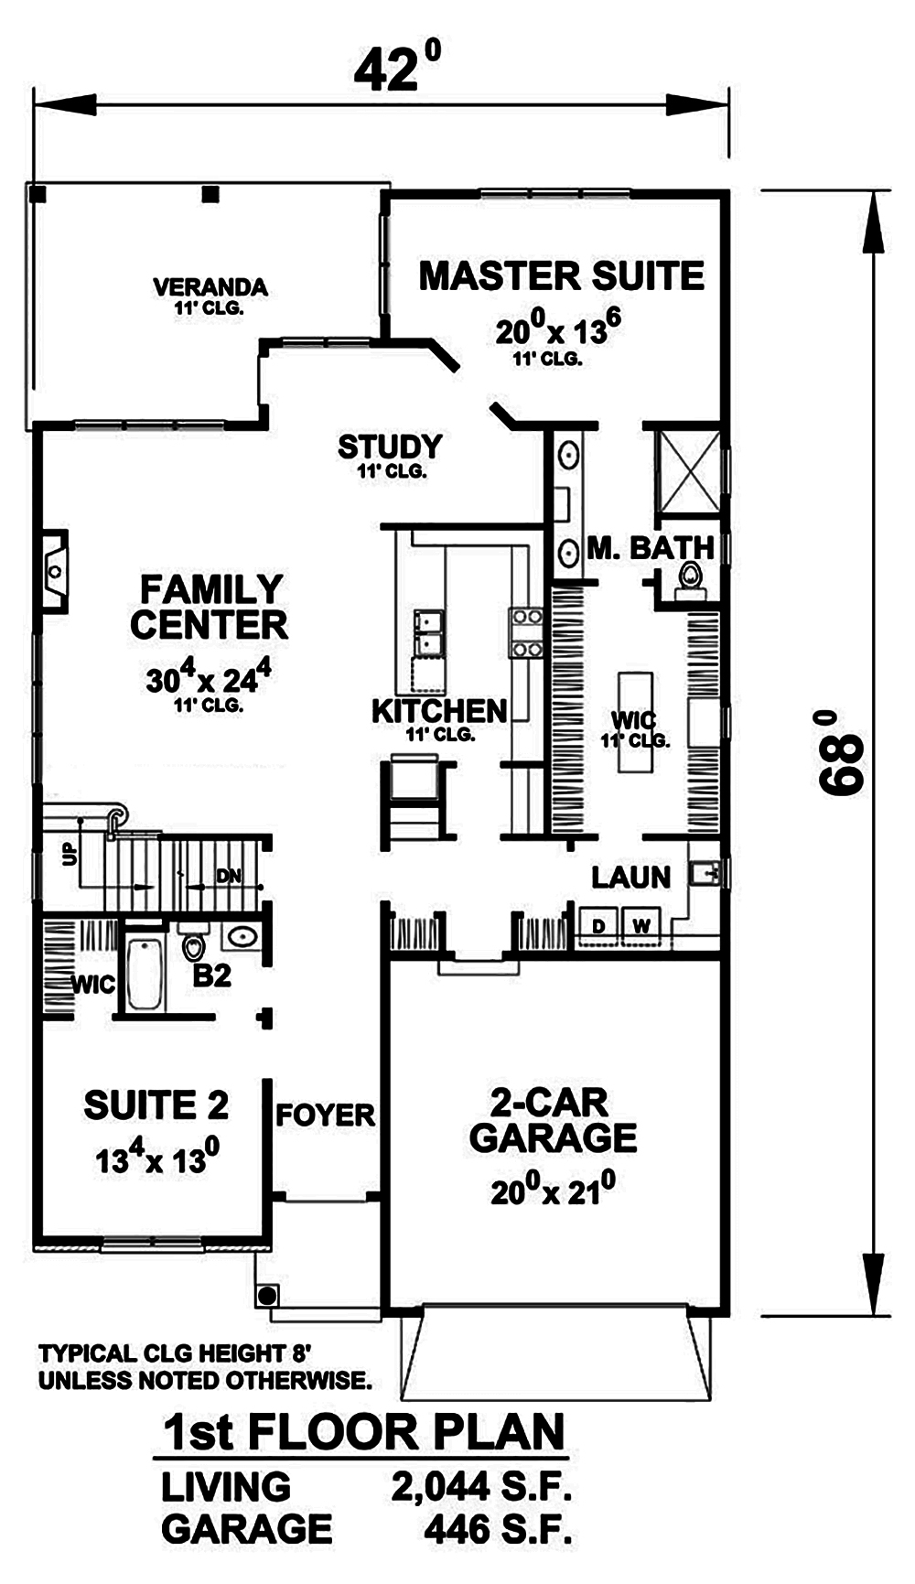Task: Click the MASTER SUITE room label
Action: pyautogui.click(x=561, y=276)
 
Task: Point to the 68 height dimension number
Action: pyautogui.click(x=840, y=752)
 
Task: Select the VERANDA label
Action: pyautogui.click(x=210, y=287)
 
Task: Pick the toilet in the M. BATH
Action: pyautogui.click(x=690, y=578)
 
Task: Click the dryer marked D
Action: pyautogui.click(x=598, y=926)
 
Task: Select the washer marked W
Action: pyautogui.click(x=641, y=926)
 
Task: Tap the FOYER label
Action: pyautogui.click(x=325, y=1115)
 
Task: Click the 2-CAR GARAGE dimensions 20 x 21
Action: pyautogui.click(x=552, y=1191)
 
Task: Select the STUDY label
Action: pyautogui.click(x=390, y=447)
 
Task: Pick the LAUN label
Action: pyautogui.click(x=630, y=878)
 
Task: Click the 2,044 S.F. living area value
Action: pyautogui.click(x=482, y=1487)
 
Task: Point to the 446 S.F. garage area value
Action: pyautogui.click(x=498, y=1530)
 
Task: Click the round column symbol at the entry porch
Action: pyautogui.click(x=267, y=1296)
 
